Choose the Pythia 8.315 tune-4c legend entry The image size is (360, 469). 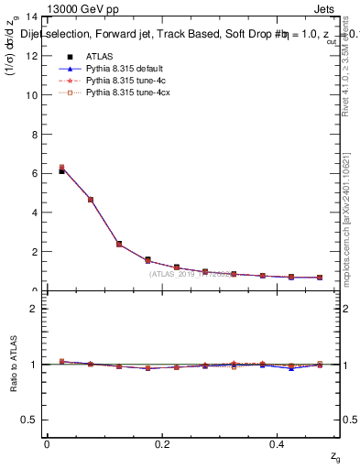pos(121,81)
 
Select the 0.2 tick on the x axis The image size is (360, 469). pos(163,444)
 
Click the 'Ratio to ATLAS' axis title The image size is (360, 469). pos(15,364)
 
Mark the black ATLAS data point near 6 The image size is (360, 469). pos(61,171)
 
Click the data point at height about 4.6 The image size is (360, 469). pos(91,200)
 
